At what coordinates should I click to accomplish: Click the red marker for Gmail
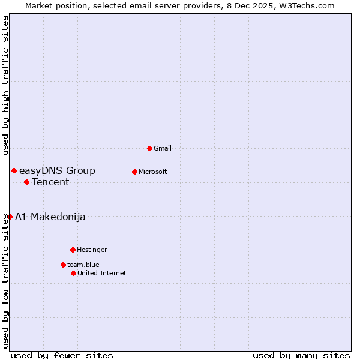coord(149,148)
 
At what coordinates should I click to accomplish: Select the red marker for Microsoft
coord(134,172)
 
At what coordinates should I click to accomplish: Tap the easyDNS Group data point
coord(14,171)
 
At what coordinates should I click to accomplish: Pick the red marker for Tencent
coord(26,182)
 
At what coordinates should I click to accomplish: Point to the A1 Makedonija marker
coord(10,217)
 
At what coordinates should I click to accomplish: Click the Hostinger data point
coord(73,250)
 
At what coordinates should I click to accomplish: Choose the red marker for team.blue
coord(63,265)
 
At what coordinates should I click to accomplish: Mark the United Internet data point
coord(73,273)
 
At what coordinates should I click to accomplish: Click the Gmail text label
coord(163,148)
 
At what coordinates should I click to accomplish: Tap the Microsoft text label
coord(153,172)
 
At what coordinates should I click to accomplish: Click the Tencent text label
coord(50,182)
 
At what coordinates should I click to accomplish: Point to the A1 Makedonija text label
coord(50,217)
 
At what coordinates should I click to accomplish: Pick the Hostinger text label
coord(92,250)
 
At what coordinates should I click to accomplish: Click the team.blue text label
coord(83,265)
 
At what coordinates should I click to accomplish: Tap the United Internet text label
coord(102,273)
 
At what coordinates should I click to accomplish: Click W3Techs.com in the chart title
coord(308,5)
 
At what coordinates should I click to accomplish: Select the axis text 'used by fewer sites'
coord(62,355)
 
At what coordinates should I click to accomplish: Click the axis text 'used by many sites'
coord(301,355)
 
